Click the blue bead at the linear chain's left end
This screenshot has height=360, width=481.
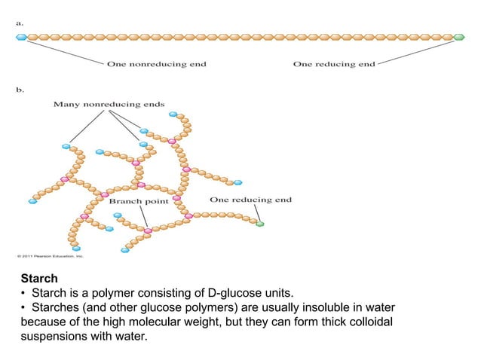click(x=21, y=36)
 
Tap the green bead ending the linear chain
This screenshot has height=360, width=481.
click(x=460, y=36)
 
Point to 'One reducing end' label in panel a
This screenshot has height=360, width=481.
click(x=334, y=65)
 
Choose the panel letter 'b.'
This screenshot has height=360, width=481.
click(x=20, y=89)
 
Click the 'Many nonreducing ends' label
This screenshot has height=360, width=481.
click(x=109, y=104)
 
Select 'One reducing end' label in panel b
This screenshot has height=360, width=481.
click(x=250, y=200)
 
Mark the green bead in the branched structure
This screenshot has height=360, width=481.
click(x=260, y=224)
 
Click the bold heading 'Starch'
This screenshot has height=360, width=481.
click(x=39, y=279)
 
